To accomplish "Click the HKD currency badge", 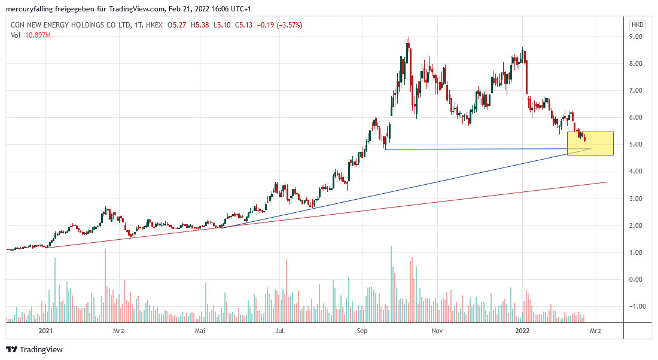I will pyautogui.click(x=637, y=25).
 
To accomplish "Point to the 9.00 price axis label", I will pyautogui.click(x=637, y=36).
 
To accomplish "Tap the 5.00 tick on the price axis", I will pyautogui.click(x=637, y=144).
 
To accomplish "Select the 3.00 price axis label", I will pyautogui.click(x=637, y=199).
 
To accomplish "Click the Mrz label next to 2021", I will pyautogui.click(x=120, y=330).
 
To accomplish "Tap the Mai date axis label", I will pyautogui.click(x=200, y=330).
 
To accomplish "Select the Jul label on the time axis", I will pyautogui.click(x=279, y=330).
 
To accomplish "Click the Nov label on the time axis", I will pyautogui.click(x=437, y=330).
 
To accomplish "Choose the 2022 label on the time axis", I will pyautogui.click(x=522, y=330).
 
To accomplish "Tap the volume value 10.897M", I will pyautogui.click(x=38, y=35).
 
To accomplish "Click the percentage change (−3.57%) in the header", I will pyautogui.click(x=290, y=25).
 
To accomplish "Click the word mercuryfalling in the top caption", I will pyautogui.click(x=27, y=7).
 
